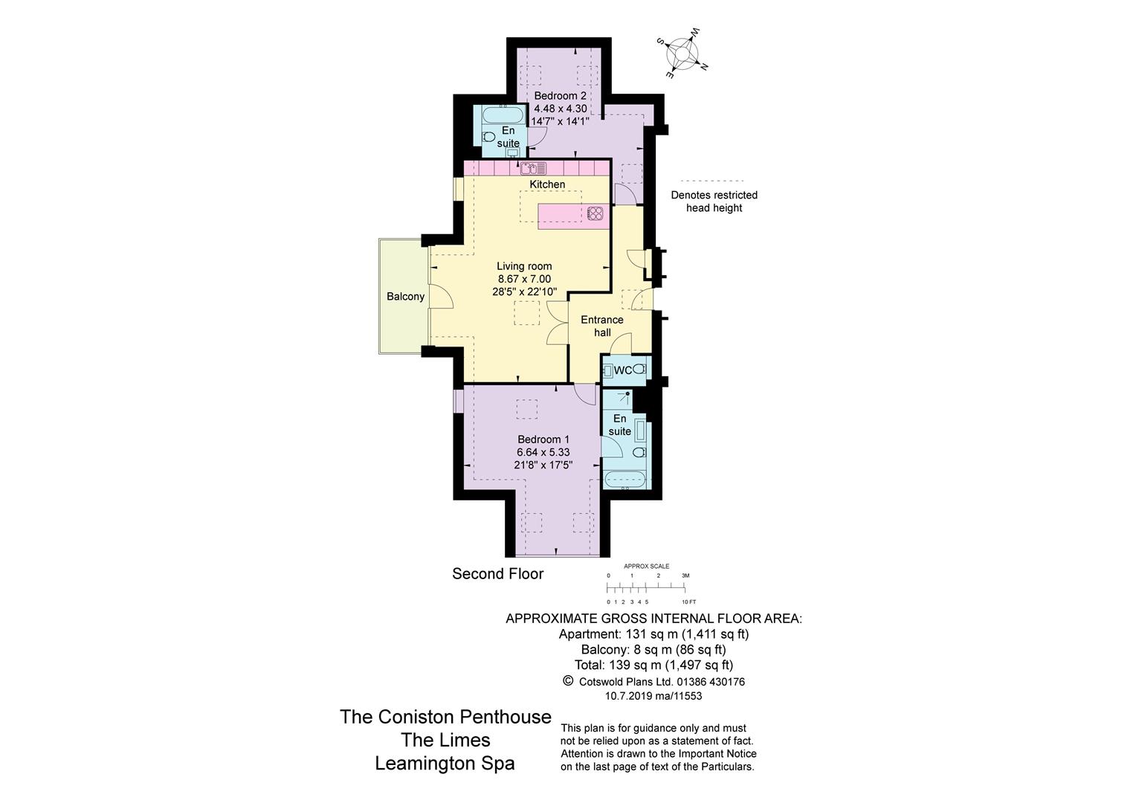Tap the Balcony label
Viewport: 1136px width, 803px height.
[405, 297]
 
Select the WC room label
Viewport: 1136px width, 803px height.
[622, 370]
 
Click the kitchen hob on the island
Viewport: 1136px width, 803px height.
[595, 213]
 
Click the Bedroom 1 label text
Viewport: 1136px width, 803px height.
[543, 439]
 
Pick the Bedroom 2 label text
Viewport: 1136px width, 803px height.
[560, 96]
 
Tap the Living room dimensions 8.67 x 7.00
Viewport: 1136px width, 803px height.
[524, 279]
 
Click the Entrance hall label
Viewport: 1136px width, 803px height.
[601, 326]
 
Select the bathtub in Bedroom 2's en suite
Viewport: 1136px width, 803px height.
[503, 117]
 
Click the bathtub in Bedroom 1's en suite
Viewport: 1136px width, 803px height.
[625, 479]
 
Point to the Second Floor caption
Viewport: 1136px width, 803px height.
[497, 574]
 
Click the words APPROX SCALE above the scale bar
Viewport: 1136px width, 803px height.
[646, 567]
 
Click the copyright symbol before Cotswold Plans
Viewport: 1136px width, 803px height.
[568, 680]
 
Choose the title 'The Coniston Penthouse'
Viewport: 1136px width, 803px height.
[445, 717]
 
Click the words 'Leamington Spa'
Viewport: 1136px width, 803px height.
[445, 764]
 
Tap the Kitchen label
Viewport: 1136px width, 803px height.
[547, 184]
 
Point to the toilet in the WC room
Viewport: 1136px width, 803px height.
[639, 370]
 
